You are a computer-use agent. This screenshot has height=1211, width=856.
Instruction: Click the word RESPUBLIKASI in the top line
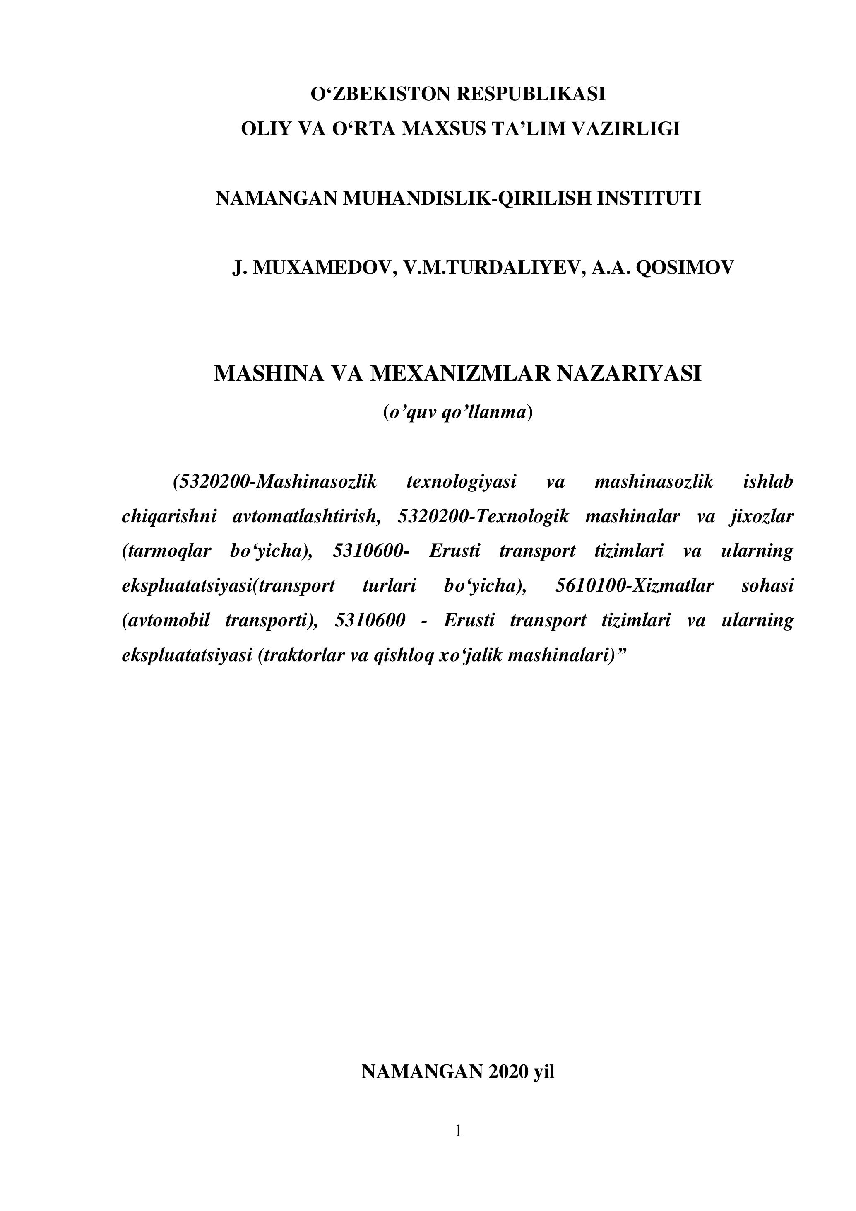pos(530,94)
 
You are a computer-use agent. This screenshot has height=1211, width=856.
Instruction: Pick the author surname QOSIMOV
pos(685,268)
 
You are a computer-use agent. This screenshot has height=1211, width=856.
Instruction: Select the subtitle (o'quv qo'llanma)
pos(457,413)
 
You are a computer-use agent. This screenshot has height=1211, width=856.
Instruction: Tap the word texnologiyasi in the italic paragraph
pos(461,481)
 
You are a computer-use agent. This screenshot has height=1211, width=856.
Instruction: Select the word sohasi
pos(767,585)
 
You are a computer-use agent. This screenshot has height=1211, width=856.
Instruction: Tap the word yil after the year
pos(544,1071)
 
